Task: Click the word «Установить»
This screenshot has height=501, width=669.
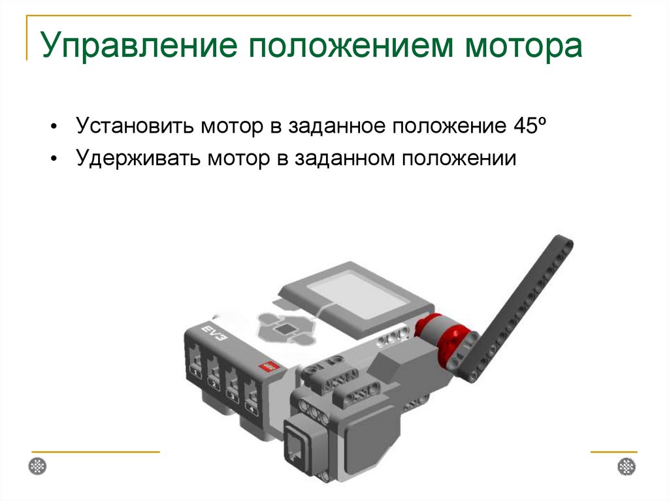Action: tap(135, 125)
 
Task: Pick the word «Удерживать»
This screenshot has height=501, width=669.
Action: tap(137, 158)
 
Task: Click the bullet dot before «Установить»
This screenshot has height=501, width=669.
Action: tap(54, 126)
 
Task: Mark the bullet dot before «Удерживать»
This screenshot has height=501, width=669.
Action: tap(54, 159)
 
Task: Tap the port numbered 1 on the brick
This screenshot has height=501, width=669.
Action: tap(196, 362)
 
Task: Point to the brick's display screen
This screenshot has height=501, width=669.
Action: tap(357, 295)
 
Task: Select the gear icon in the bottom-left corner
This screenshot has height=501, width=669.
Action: tap(37, 466)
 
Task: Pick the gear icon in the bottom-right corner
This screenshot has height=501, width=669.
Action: tap(627, 466)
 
